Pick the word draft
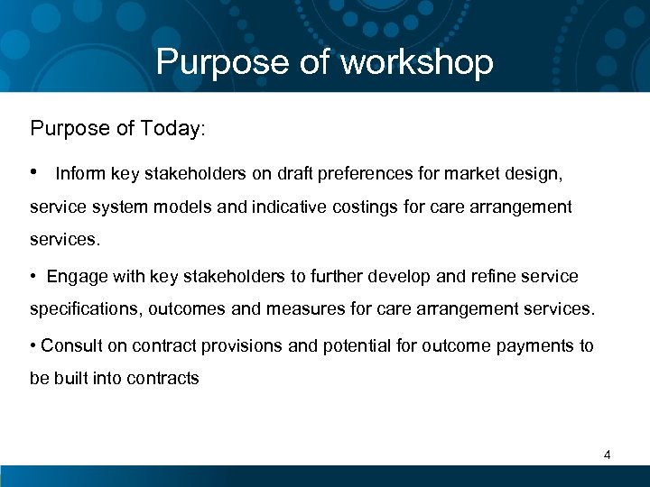pos(288,173)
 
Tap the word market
pos(467,173)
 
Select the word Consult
pos(70,345)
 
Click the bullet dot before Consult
pos(33,345)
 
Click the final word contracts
pos(162,379)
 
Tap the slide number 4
pos(607,455)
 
